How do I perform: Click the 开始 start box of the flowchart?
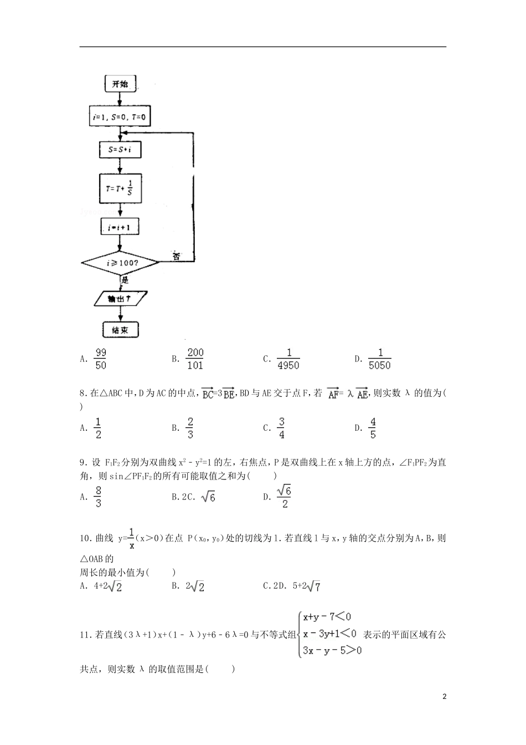tap(120, 84)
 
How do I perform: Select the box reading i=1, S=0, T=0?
tap(120, 117)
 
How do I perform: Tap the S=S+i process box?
tap(120, 149)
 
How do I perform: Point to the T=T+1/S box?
tap(120, 188)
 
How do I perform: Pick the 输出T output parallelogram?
tap(120, 299)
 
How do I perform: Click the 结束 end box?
tap(120, 330)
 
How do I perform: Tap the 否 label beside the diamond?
tap(176, 257)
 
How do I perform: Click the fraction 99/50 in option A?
tap(101, 359)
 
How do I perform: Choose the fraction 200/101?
tap(195, 359)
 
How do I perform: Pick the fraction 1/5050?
tap(380, 359)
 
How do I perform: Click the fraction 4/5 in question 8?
tap(373, 428)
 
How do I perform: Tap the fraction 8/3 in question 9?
tap(98, 497)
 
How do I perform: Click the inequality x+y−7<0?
tap(327, 616)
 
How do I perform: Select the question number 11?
tap(85, 635)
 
